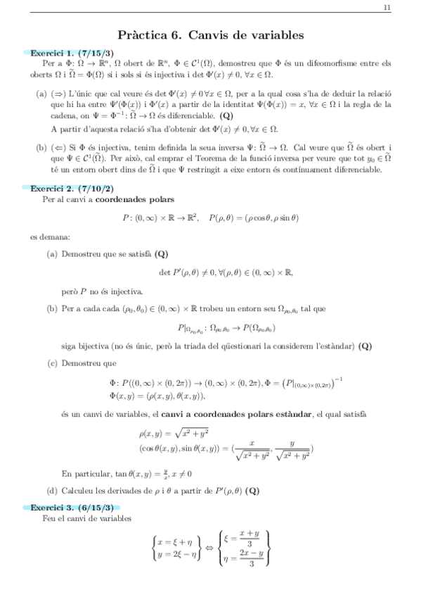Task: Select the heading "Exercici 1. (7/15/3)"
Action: (x=68, y=53)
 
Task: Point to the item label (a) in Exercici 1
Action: (x=41, y=94)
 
